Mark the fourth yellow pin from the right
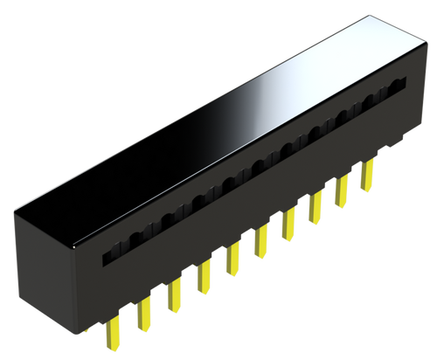[x=288, y=225]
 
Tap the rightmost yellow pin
[x=367, y=171]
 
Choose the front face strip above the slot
[x=245, y=149]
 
